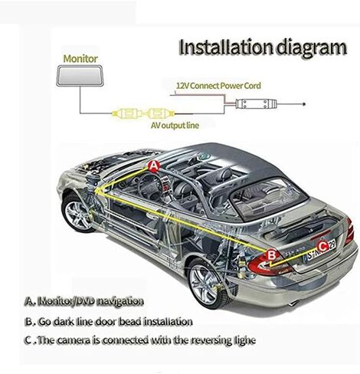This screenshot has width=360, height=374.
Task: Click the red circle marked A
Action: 154,166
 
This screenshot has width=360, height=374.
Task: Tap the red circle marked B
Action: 272,255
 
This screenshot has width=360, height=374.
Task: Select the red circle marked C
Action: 322,247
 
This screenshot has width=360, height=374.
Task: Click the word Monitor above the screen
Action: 80,58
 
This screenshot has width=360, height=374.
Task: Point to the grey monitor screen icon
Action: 80,75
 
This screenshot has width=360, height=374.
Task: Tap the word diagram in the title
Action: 312,48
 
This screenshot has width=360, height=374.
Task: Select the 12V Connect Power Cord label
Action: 218,86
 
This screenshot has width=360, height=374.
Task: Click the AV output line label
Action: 175,126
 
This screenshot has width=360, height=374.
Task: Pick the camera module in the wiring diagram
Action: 256,103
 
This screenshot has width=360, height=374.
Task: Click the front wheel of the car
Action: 77,213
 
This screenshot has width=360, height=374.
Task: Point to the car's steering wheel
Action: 150,186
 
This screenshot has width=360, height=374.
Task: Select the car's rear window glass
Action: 268,197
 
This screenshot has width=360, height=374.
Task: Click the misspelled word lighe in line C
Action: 244,340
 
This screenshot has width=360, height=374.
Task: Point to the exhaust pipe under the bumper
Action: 293,303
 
